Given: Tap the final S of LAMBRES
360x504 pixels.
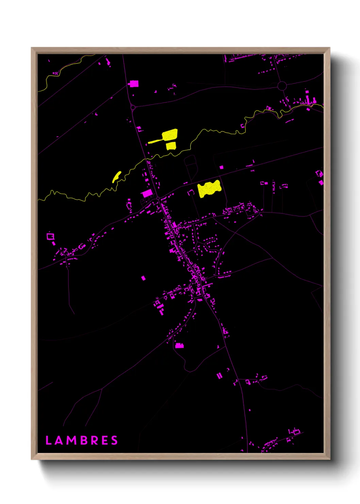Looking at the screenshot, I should [114, 440].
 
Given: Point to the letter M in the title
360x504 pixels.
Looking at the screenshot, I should [71, 440].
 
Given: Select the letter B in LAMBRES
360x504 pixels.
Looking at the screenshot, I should [84, 440].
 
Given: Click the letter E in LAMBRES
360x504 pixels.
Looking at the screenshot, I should [105, 440].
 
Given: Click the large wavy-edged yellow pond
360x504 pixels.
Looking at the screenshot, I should [209, 188].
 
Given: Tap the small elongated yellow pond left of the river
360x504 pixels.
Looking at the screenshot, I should [116, 176].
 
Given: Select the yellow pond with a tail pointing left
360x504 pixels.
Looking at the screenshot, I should [167, 136].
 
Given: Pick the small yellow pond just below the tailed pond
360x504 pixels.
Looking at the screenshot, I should [171, 146].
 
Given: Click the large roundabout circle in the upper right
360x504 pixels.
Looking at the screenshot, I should [282, 86].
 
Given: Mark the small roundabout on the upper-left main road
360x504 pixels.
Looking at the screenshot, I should [133, 107].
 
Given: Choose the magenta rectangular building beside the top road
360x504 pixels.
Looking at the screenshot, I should [134, 83].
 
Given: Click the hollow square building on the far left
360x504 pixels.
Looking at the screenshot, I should [51, 236].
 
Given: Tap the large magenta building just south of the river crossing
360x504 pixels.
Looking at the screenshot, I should [147, 193].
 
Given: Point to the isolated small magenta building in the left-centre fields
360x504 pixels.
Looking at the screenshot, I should [143, 278].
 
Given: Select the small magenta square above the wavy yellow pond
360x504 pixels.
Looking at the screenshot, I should [221, 167].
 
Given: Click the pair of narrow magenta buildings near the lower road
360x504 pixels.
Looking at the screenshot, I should [219, 376].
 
